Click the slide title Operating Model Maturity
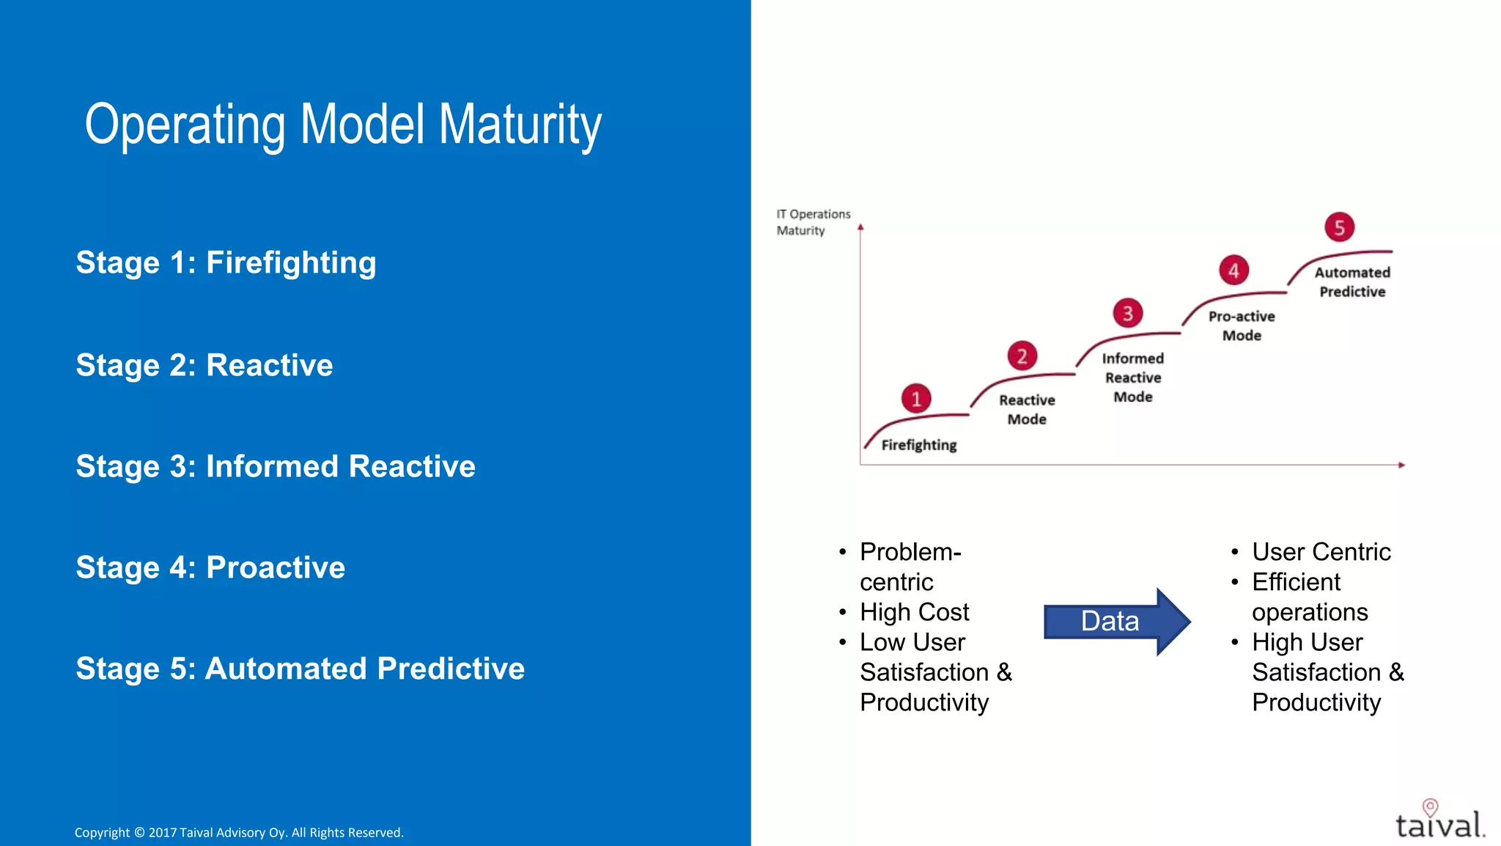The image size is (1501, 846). (x=343, y=125)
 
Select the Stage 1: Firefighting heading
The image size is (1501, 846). (x=226, y=262)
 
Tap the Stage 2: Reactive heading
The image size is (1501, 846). (x=204, y=365)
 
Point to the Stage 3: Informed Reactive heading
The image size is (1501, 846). (x=276, y=466)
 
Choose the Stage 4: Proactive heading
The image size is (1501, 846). (x=210, y=567)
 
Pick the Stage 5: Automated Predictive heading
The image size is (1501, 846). (x=300, y=669)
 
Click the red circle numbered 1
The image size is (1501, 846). (x=916, y=399)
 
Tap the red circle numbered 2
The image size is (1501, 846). (x=1022, y=356)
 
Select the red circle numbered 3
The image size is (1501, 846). (x=1128, y=314)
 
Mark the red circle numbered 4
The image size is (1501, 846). (x=1233, y=271)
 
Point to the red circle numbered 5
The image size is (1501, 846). (x=1339, y=227)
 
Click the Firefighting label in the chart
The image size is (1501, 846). (x=918, y=445)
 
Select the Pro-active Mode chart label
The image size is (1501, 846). (x=1242, y=325)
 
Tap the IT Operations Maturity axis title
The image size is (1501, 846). (x=813, y=222)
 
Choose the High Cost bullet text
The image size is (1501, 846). (x=914, y=611)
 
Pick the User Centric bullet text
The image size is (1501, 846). (x=1321, y=551)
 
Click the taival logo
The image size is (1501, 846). (x=1439, y=821)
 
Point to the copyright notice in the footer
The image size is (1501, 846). (x=239, y=832)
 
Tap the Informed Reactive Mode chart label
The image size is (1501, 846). (x=1132, y=378)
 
